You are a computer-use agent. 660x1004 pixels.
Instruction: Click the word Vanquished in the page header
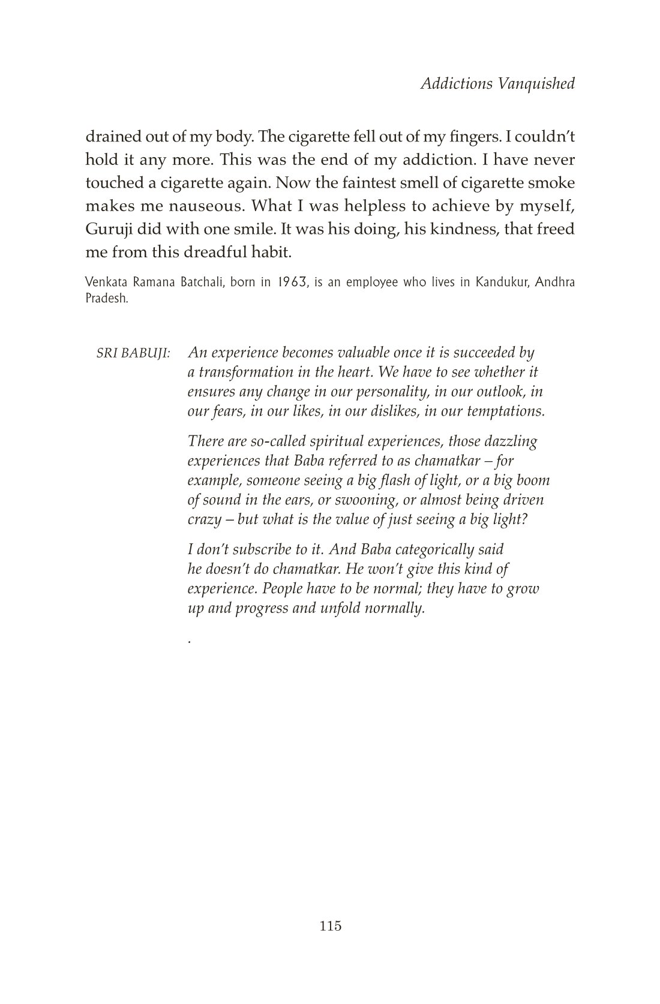click(x=536, y=83)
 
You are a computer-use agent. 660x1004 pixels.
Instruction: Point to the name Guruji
click(x=108, y=230)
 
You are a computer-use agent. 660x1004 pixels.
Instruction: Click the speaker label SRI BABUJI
click(x=133, y=353)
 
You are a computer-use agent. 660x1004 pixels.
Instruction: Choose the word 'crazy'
click(x=205, y=519)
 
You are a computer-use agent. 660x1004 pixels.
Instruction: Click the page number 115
click(x=331, y=925)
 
